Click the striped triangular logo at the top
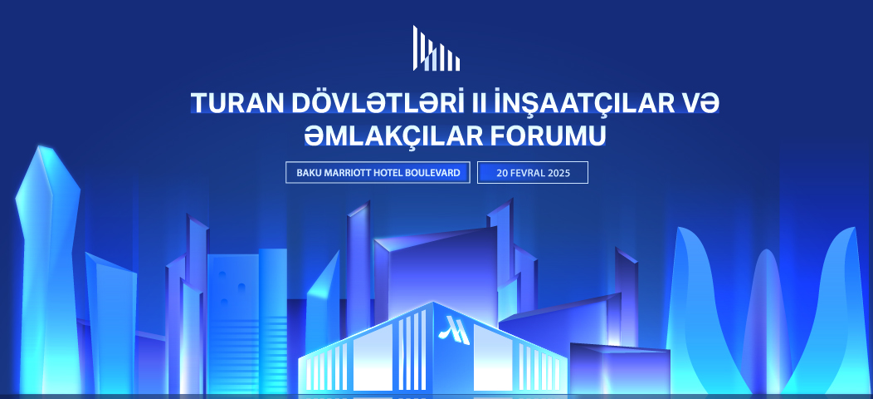(x=436, y=48)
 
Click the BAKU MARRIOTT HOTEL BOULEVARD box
(x=378, y=172)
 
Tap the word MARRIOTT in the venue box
(x=349, y=172)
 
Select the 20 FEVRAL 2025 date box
(x=533, y=172)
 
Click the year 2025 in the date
(x=559, y=173)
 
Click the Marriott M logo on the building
(x=454, y=330)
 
